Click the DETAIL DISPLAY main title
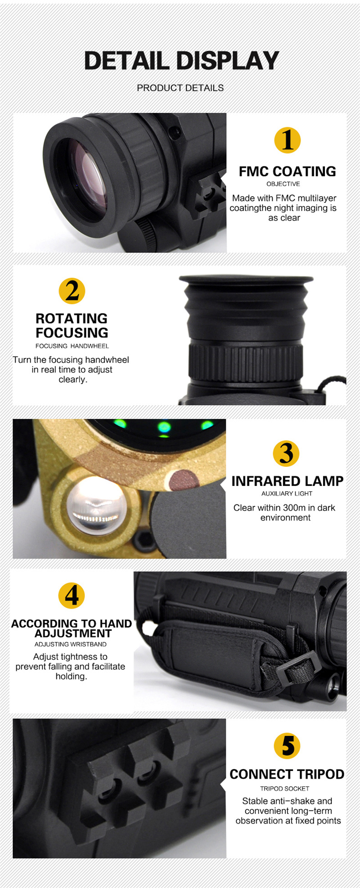pos(182,61)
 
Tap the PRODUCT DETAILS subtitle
pos(180,88)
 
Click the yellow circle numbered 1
pos(288,140)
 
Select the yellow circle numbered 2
pos(72,291)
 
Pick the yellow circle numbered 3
pos(286,453)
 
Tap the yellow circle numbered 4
pos(72,596)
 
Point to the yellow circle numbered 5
pos(287,746)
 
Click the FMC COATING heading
pos(287,171)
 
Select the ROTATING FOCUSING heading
pos(72,325)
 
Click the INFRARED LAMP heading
pos(287,481)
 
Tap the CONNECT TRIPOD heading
pos(287,774)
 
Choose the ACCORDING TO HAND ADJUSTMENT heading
pos(72,628)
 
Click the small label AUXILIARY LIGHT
pos(287,493)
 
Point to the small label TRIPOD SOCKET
pos(285,789)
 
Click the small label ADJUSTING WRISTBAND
pos(71,644)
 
